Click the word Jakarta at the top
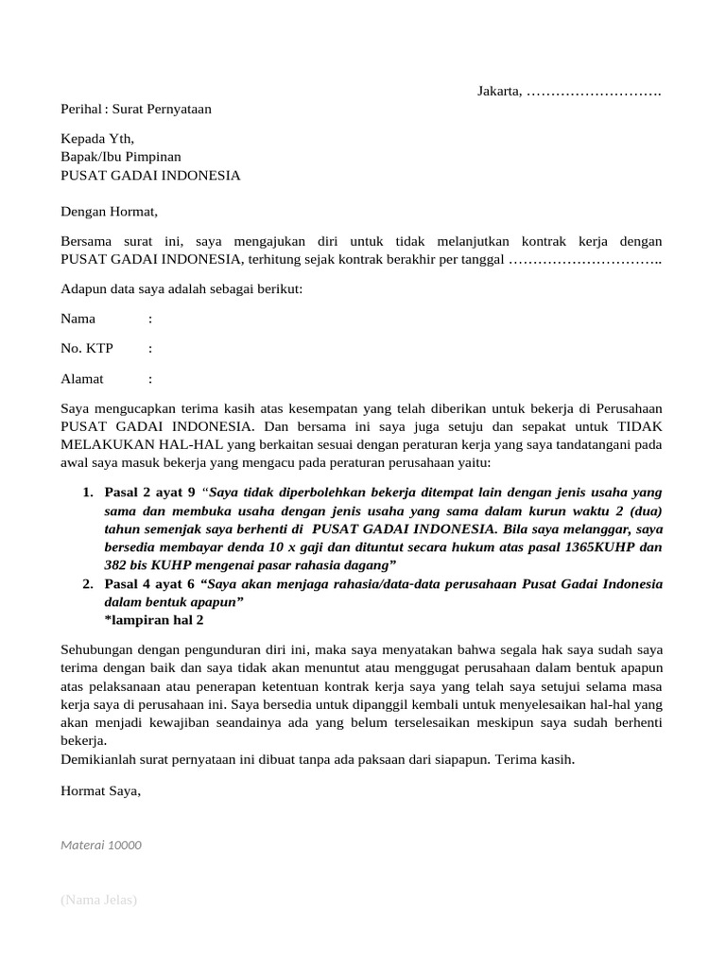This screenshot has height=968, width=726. click(498, 91)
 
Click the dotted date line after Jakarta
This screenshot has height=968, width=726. click(593, 92)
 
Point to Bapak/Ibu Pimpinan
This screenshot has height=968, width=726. click(121, 157)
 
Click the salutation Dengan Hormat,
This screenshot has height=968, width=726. click(110, 212)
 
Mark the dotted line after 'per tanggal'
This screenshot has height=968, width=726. click(585, 260)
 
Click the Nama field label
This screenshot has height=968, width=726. click(78, 320)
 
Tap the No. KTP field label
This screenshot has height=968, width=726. click(87, 349)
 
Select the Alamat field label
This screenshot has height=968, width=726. click(82, 379)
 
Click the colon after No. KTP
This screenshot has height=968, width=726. click(150, 349)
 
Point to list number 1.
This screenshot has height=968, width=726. click(87, 493)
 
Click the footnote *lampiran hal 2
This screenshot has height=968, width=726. click(154, 621)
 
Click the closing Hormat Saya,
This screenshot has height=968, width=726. click(100, 790)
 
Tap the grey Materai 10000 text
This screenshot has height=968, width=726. click(101, 845)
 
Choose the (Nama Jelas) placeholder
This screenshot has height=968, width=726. click(99, 900)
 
